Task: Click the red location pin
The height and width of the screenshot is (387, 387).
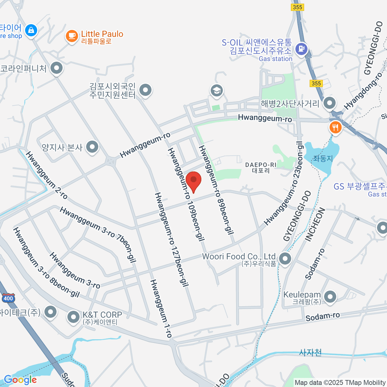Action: pos(193,181)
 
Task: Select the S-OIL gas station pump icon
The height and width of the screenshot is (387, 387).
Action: pos(302,49)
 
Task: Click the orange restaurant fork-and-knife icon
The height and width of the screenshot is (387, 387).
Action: pos(335,128)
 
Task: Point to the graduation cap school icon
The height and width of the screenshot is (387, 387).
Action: pos(217,91)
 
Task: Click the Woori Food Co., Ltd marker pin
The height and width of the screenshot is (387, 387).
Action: pos(285,258)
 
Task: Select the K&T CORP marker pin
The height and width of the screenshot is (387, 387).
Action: pos(73,317)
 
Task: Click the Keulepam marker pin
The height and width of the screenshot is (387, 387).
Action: pos(330,297)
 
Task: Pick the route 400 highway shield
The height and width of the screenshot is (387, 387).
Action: pos(8,298)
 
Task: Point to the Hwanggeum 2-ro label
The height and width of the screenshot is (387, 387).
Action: pos(46,175)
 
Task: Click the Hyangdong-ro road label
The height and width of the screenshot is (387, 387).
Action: pos(363,91)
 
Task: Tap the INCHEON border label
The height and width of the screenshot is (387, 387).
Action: pos(315,225)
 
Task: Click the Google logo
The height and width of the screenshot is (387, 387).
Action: pos(20,380)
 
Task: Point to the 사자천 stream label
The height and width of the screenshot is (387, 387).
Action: pos(310,352)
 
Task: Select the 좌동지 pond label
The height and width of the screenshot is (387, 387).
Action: pos(322,158)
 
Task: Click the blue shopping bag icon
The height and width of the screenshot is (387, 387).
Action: pos(31,30)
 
